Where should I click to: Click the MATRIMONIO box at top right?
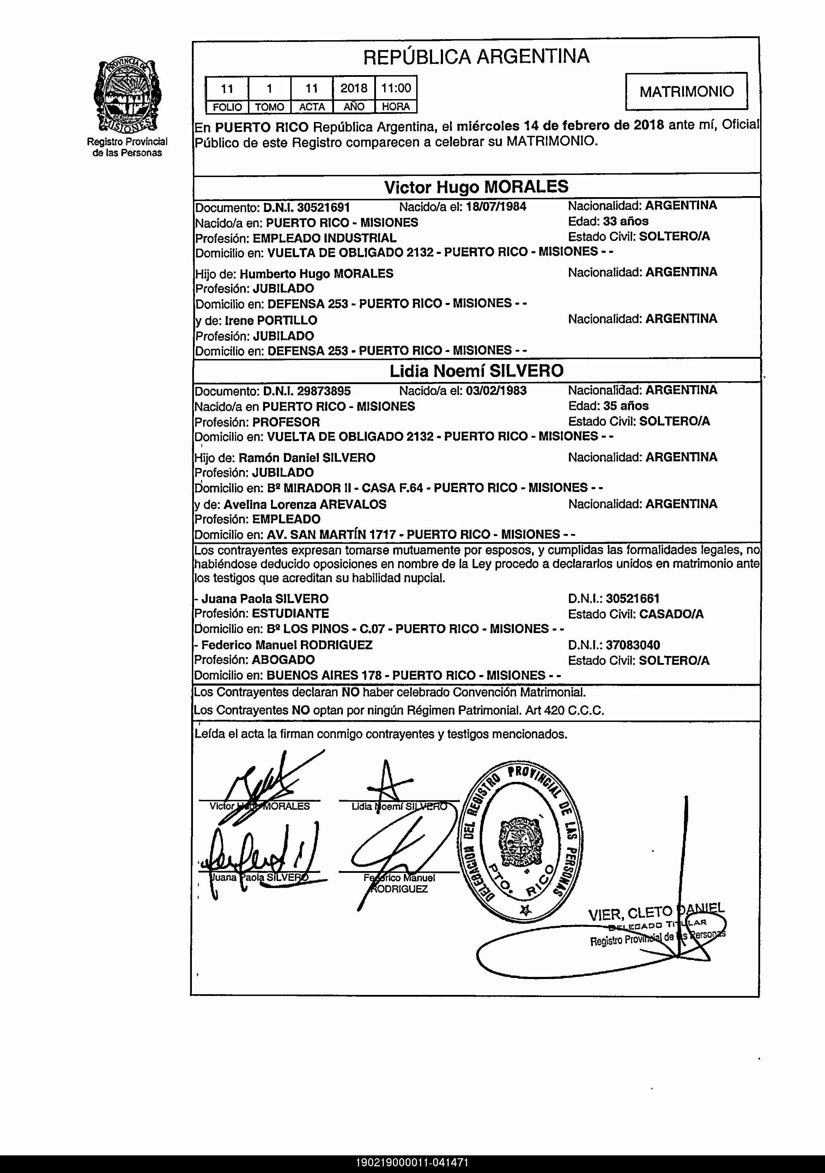[x=686, y=91]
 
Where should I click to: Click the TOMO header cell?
[x=269, y=107]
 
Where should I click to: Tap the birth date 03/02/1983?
[x=496, y=391]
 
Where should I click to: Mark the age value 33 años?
[x=625, y=221]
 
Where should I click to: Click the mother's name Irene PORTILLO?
[x=271, y=320]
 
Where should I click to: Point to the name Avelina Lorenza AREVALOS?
[x=305, y=504]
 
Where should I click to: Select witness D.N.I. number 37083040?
[x=632, y=645]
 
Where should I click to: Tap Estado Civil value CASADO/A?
[x=671, y=614]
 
